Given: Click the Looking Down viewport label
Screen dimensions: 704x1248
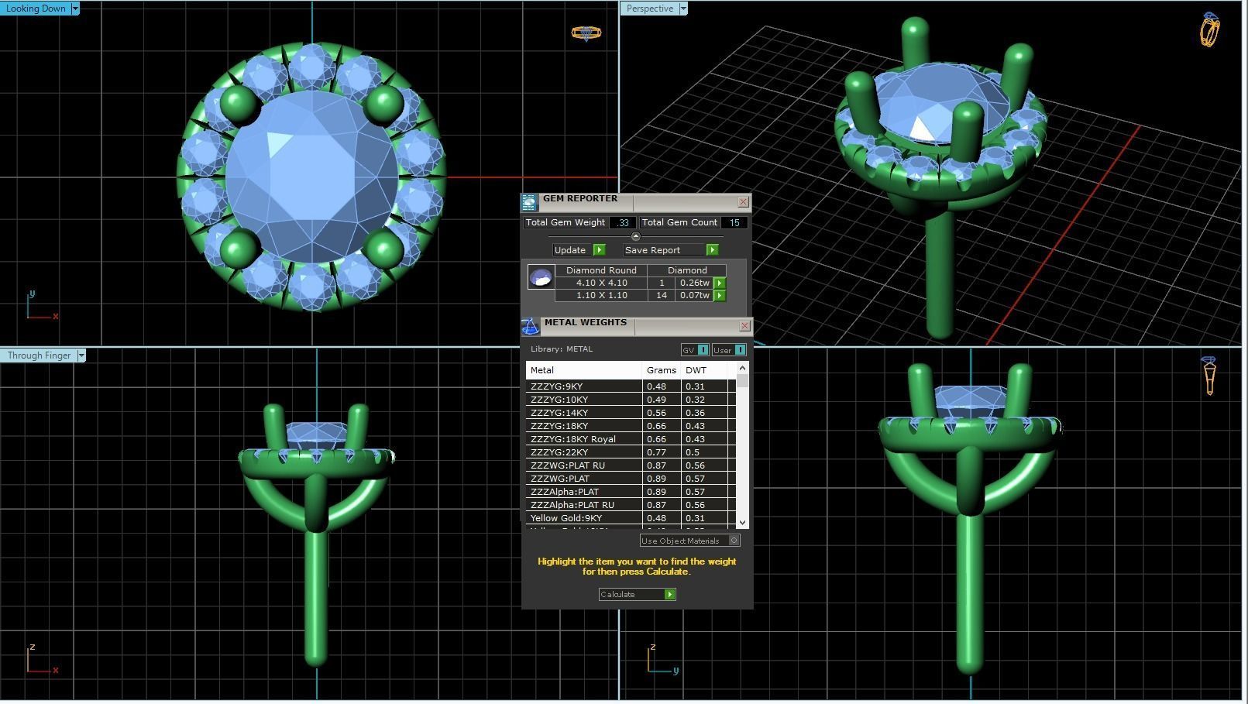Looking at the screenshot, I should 36,9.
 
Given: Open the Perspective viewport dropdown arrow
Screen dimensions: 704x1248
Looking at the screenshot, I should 683,9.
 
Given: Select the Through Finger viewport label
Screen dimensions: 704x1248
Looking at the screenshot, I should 39,355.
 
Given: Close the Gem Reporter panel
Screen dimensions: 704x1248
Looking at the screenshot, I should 743,202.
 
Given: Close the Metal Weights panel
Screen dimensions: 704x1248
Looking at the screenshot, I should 744,326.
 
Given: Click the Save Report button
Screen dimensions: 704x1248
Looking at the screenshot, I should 652,250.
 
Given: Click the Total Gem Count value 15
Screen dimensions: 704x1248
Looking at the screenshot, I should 734,222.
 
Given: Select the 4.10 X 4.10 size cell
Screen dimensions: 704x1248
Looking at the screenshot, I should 601,283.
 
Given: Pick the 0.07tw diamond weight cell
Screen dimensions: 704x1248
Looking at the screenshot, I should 693,295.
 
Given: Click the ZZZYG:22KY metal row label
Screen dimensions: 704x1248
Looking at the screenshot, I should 559,452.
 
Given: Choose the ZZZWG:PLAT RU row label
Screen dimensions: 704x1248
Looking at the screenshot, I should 567,465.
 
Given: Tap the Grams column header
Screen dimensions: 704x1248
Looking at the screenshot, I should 661,370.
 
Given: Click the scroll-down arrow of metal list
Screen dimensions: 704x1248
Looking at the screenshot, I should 742,523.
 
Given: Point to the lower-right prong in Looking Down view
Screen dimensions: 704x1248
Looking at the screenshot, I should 383,249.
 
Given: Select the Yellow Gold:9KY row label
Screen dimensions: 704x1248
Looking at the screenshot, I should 566,518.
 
